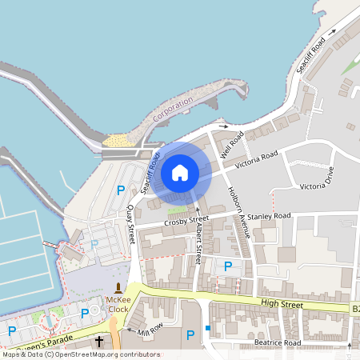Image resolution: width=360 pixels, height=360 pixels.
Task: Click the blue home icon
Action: tap(180, 172)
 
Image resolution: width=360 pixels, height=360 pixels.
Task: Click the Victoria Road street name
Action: tap(257, 158)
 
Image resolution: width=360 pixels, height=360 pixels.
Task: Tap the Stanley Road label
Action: tap(270, 216)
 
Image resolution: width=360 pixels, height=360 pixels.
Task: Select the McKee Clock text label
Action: tap(118, 304)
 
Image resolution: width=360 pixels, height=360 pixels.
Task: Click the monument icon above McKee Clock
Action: tap(118, 286)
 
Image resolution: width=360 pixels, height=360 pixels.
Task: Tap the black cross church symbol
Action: tap(99, 342)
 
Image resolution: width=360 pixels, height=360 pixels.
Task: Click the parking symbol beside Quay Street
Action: tap(121, 190)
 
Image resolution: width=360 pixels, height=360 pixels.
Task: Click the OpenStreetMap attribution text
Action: tap(80, 354)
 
